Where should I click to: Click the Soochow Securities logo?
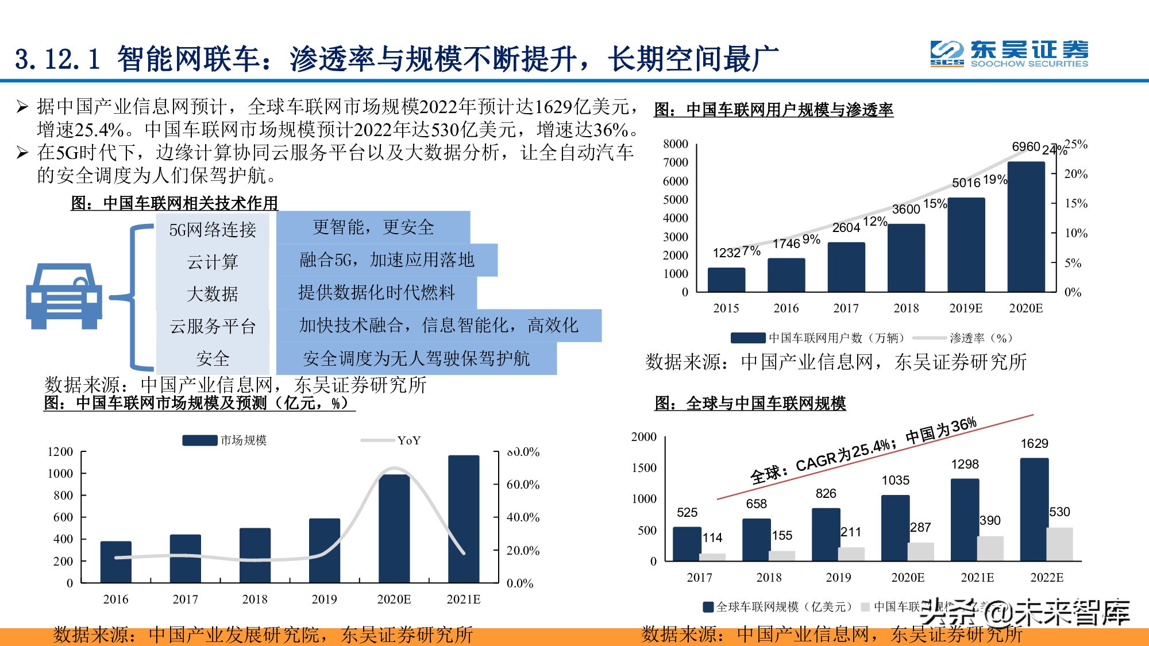(1009, 54)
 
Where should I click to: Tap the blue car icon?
(64, 296)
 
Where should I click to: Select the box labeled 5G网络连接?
(213, 230)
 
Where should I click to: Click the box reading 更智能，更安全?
(373, 227)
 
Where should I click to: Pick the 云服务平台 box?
(213, 326)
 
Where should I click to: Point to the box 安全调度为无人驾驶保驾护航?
(416, 358)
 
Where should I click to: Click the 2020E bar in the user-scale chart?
(1026, 227)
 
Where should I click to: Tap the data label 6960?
(1026, 147)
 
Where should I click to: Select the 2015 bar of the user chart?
(726, 280)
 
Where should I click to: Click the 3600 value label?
(906, 210)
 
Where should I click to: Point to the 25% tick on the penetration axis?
(1076, 144)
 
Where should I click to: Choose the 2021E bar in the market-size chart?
(464, 519)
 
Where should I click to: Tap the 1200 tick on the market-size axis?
(60, 452)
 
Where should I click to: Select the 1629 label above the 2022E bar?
(1034, 443)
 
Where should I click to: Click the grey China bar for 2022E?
(1059, 544)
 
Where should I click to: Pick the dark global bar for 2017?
(687, 543)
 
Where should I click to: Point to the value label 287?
(920, 527)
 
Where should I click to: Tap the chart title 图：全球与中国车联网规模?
(750, 404)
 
